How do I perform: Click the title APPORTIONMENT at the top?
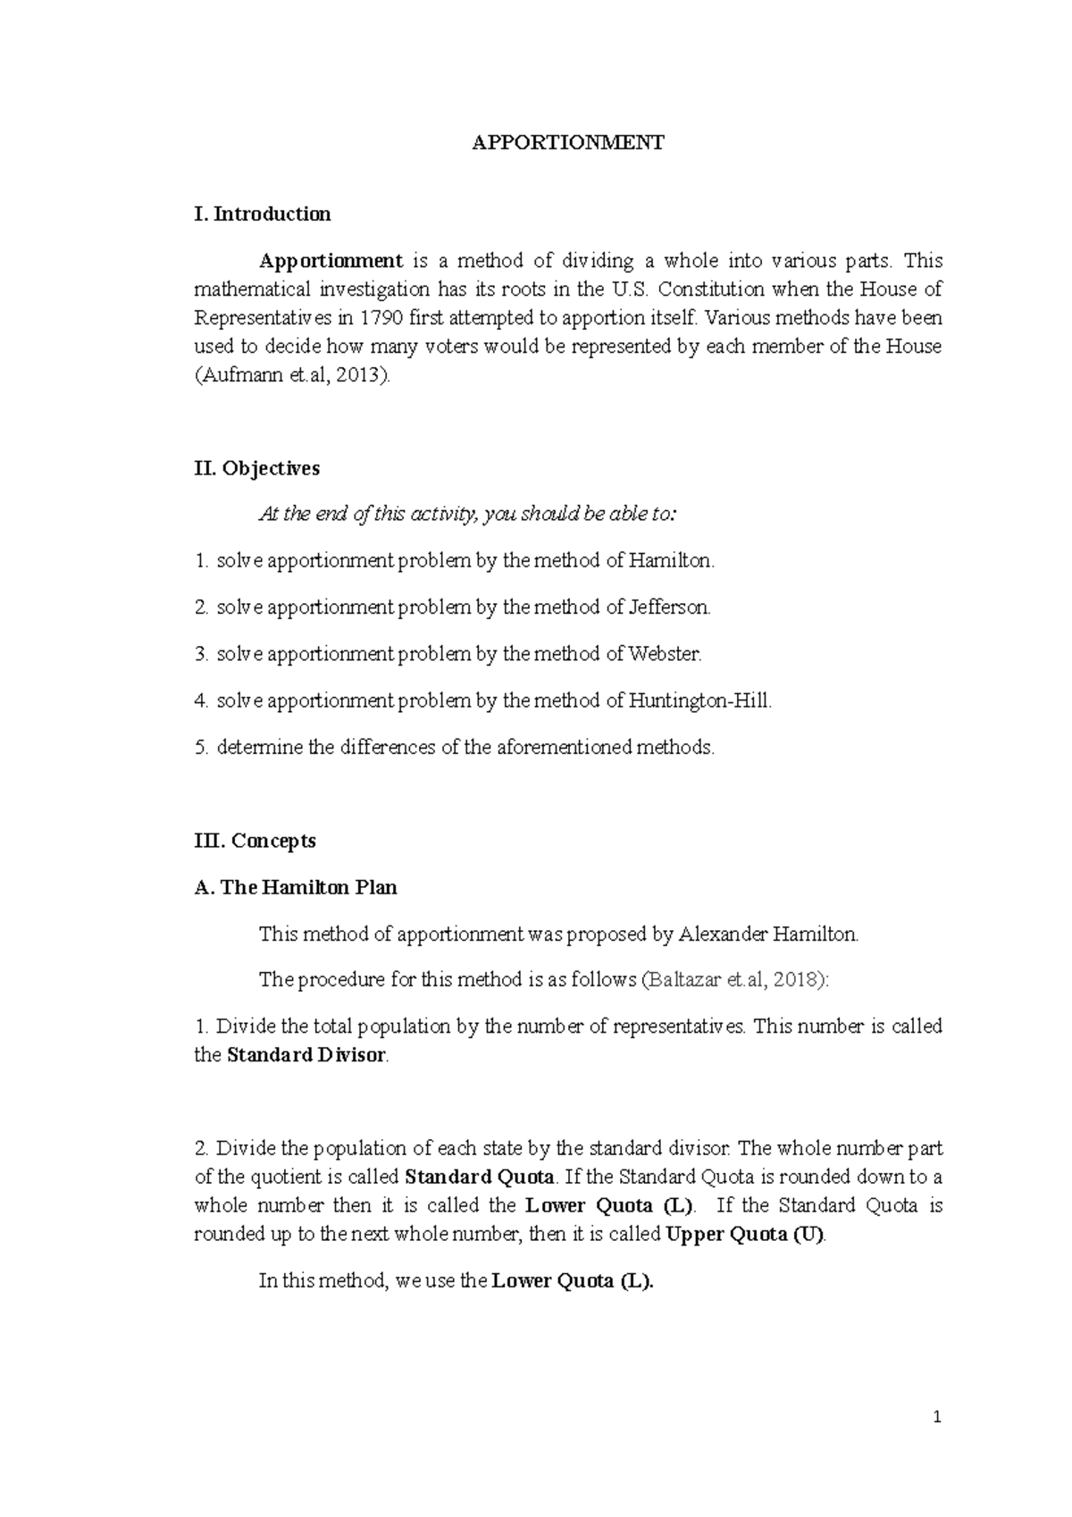coord(568,143)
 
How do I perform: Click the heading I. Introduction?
coord(262,214)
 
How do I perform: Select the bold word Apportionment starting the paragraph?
coord(331,261)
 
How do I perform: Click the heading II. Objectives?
coord(256,468)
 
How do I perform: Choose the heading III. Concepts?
coord(255,841)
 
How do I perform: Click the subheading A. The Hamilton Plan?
coord(295,887)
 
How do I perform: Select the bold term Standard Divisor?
coord(306,1055)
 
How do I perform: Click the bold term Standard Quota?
coord(480,1177)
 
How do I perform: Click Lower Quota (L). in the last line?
coord(572,1281)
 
